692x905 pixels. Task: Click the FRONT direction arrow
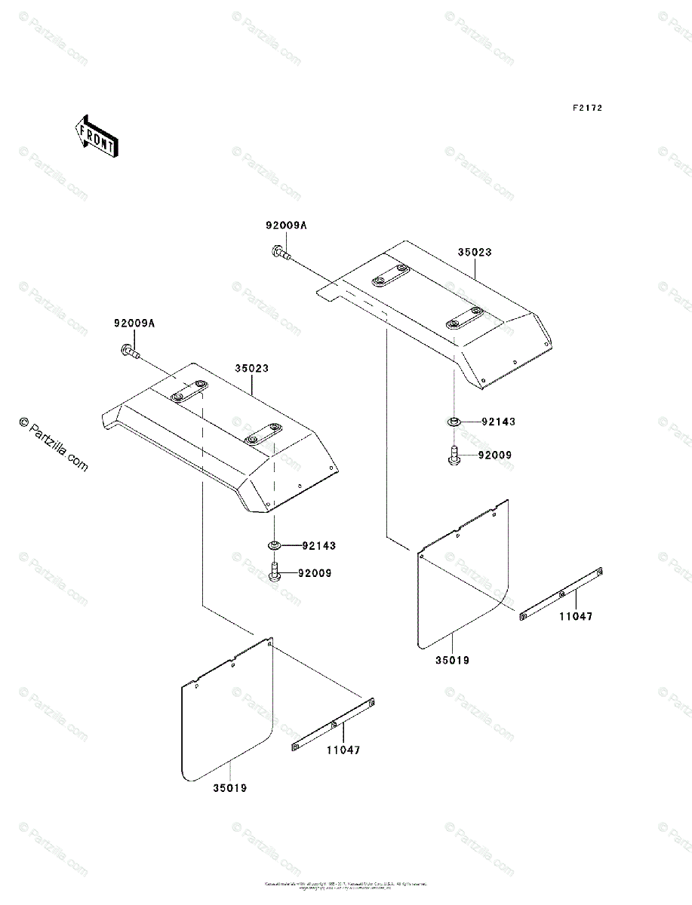(x=94, y=137)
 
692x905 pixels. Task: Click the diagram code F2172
(x=586, y=109)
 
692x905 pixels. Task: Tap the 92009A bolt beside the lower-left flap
(x=129, y=351)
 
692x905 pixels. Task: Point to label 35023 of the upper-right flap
(x=474, y=253)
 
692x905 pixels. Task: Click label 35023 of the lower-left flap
(x=251, y=369)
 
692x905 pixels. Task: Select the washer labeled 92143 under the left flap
(x=274, y=545)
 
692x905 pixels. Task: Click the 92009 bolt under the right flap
(x=454, y=456)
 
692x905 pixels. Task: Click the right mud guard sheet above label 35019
(x=463, y=577)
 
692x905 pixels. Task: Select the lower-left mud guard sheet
(x=226, y=713)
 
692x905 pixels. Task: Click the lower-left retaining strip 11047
(x=333, y=725)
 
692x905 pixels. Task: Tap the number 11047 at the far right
(x=576, y=616)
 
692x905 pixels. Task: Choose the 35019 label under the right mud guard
(x=452, y=661)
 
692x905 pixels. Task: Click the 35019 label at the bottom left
(x=229, y=788)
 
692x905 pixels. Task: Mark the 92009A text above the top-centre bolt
(x=286, y=225)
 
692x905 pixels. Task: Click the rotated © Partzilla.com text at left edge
(x=54, y=446)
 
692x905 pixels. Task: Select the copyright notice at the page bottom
(x=346, y=885)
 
